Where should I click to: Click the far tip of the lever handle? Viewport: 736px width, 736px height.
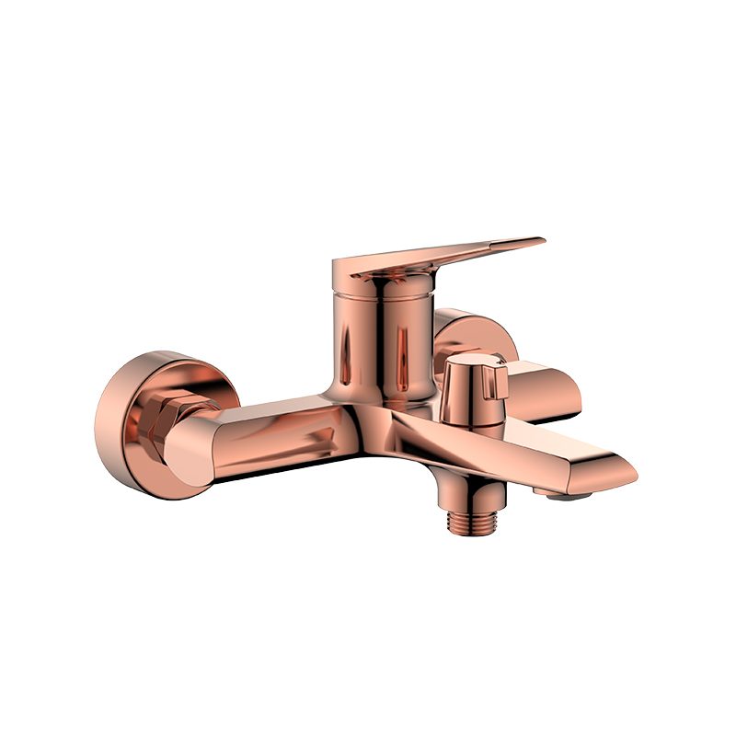click(538, 243)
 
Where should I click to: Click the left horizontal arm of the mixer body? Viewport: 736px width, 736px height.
click(276, 432)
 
